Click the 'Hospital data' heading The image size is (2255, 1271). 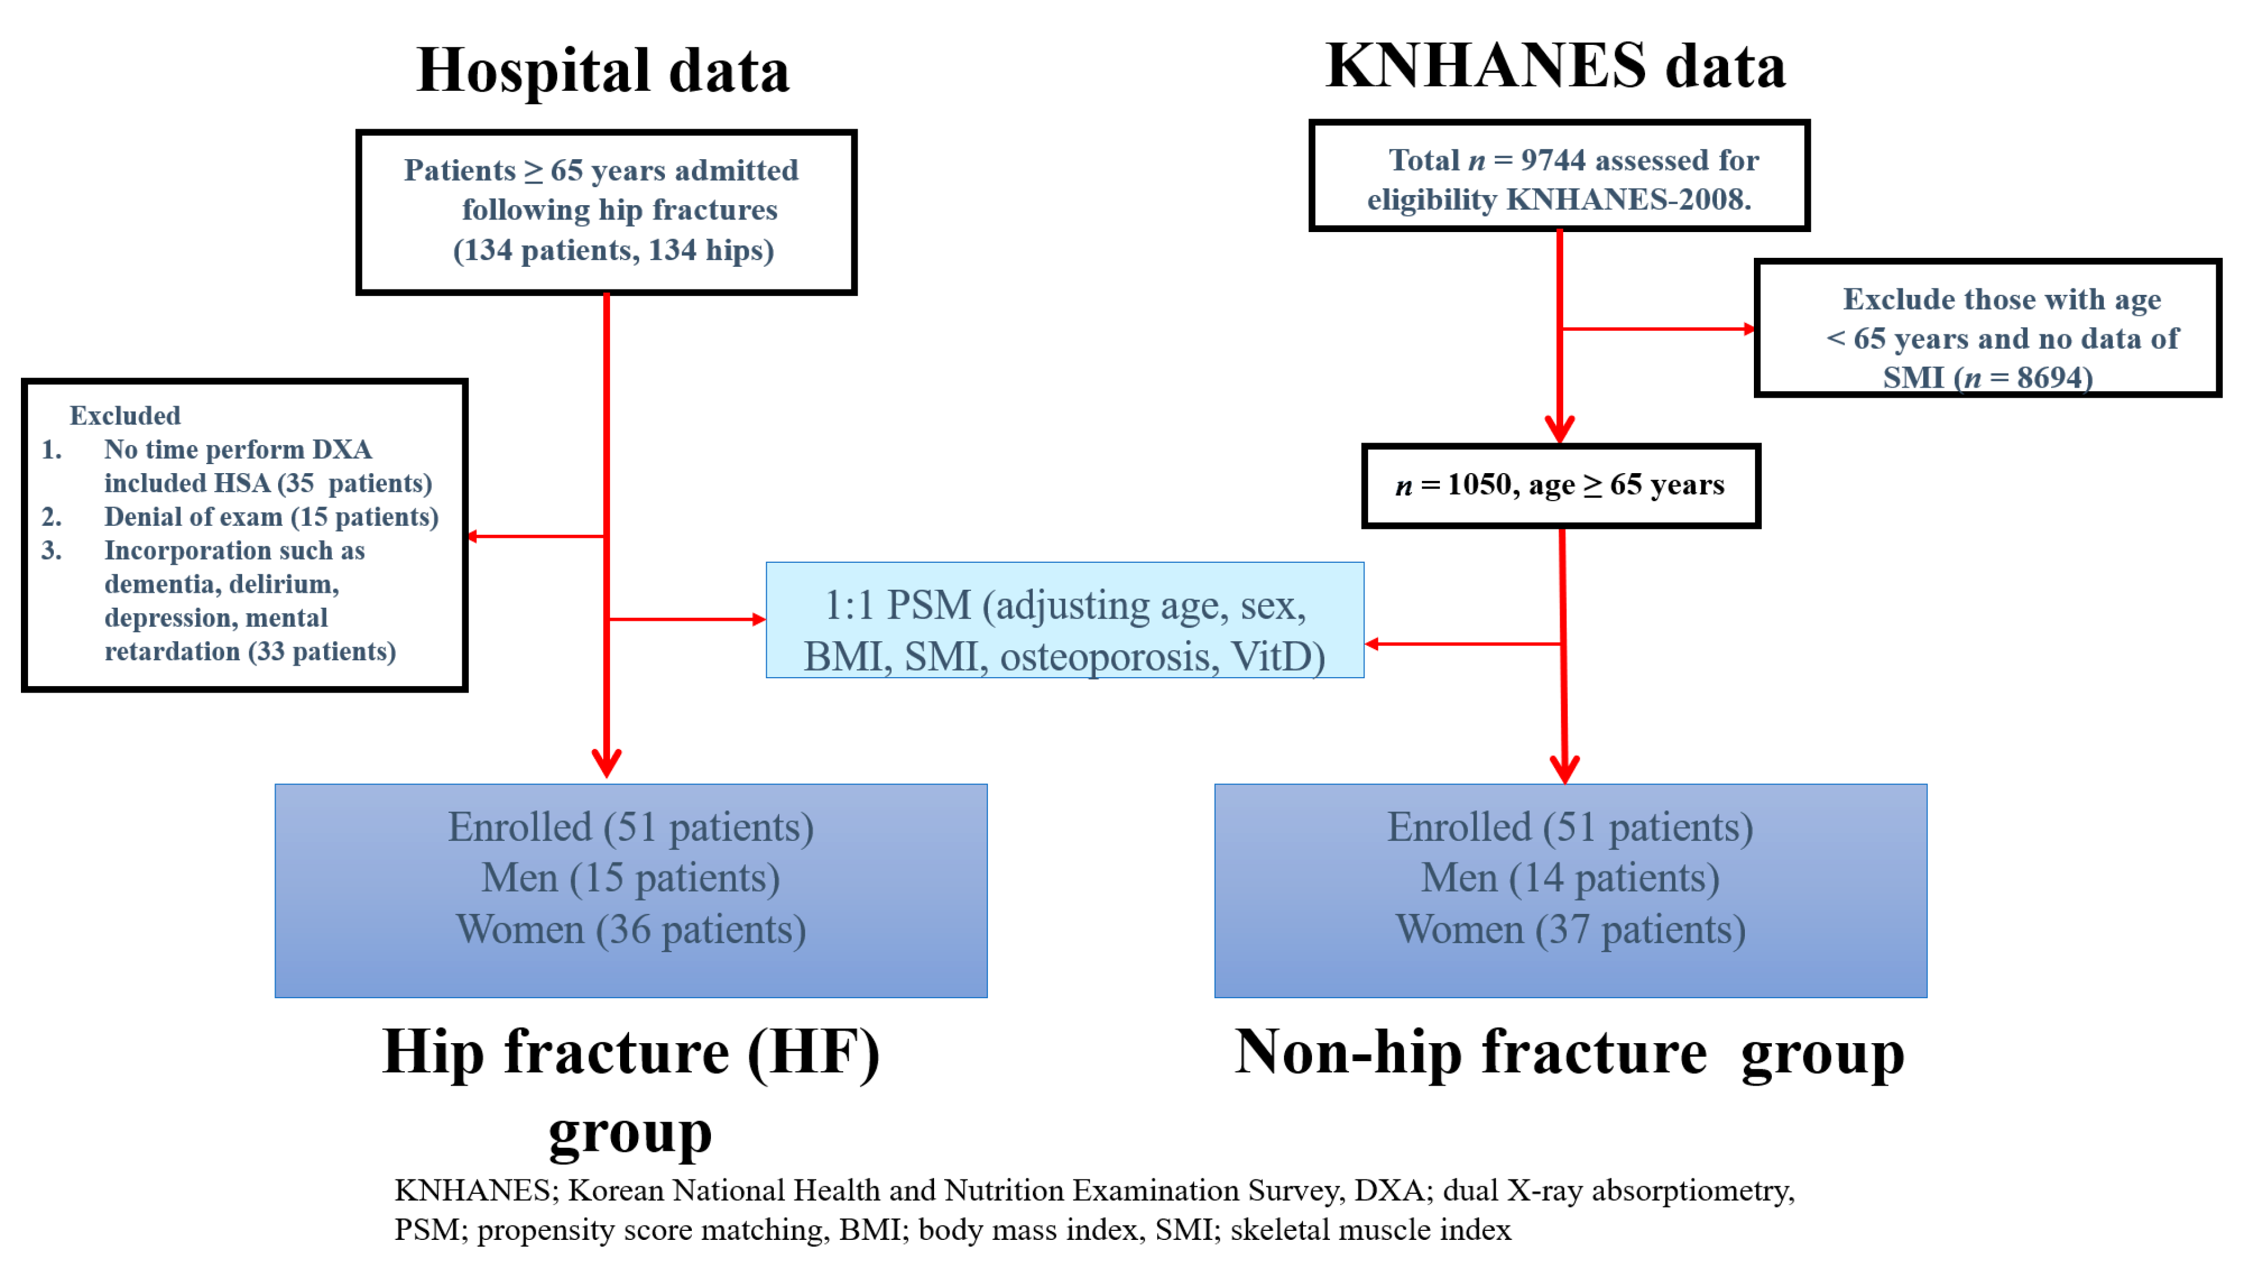603,70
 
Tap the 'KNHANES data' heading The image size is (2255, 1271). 1555,66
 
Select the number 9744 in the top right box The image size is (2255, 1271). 1553,160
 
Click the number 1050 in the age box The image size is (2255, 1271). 1479,484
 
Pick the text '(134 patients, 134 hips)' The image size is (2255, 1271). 614,251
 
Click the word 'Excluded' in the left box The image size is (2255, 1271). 125,415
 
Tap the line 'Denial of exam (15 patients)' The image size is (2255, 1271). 271,516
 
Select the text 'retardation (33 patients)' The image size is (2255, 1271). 251,651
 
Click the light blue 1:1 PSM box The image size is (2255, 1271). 1064,620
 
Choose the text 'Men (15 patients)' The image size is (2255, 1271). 630,878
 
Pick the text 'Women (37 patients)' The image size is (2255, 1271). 1570,929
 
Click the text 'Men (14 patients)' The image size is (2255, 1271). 1570,878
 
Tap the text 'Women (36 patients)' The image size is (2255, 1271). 631,929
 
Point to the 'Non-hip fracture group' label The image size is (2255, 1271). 1570,1053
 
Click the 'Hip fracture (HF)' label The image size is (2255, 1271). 631,1053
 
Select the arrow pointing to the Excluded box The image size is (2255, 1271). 536,536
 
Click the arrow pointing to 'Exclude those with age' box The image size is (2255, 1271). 1658,329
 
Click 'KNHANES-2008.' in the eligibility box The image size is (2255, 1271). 1628,200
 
